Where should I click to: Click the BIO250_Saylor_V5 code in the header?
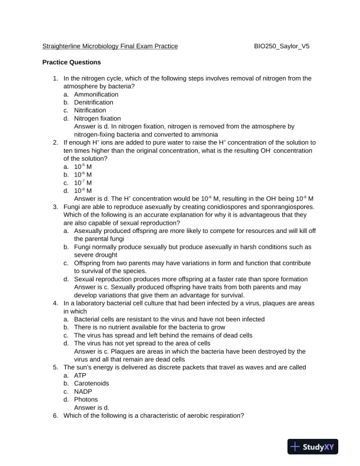click(281, 46)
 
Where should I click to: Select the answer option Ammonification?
click(96, 94)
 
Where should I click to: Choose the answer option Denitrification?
click(94, 102)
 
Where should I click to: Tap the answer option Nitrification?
click(90, 110)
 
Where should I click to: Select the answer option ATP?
click(80, 375)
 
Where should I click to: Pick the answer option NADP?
click(83, 391)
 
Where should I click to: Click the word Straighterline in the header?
click(62, 46)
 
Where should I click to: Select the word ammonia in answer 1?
click(189, 134)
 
